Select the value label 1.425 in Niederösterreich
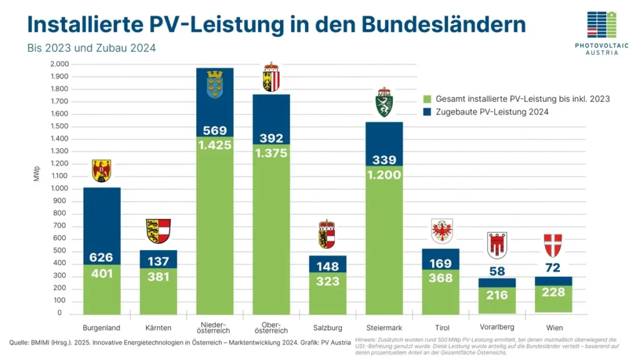click(214, 145)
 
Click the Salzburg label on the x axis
click(327, 327)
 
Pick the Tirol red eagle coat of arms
click(442, 231)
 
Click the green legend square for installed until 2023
click(427, 99)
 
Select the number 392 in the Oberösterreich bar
click(271, 138)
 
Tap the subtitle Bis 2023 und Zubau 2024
click(91, 48)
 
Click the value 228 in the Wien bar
click(554, 292)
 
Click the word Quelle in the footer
click(19, 342)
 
